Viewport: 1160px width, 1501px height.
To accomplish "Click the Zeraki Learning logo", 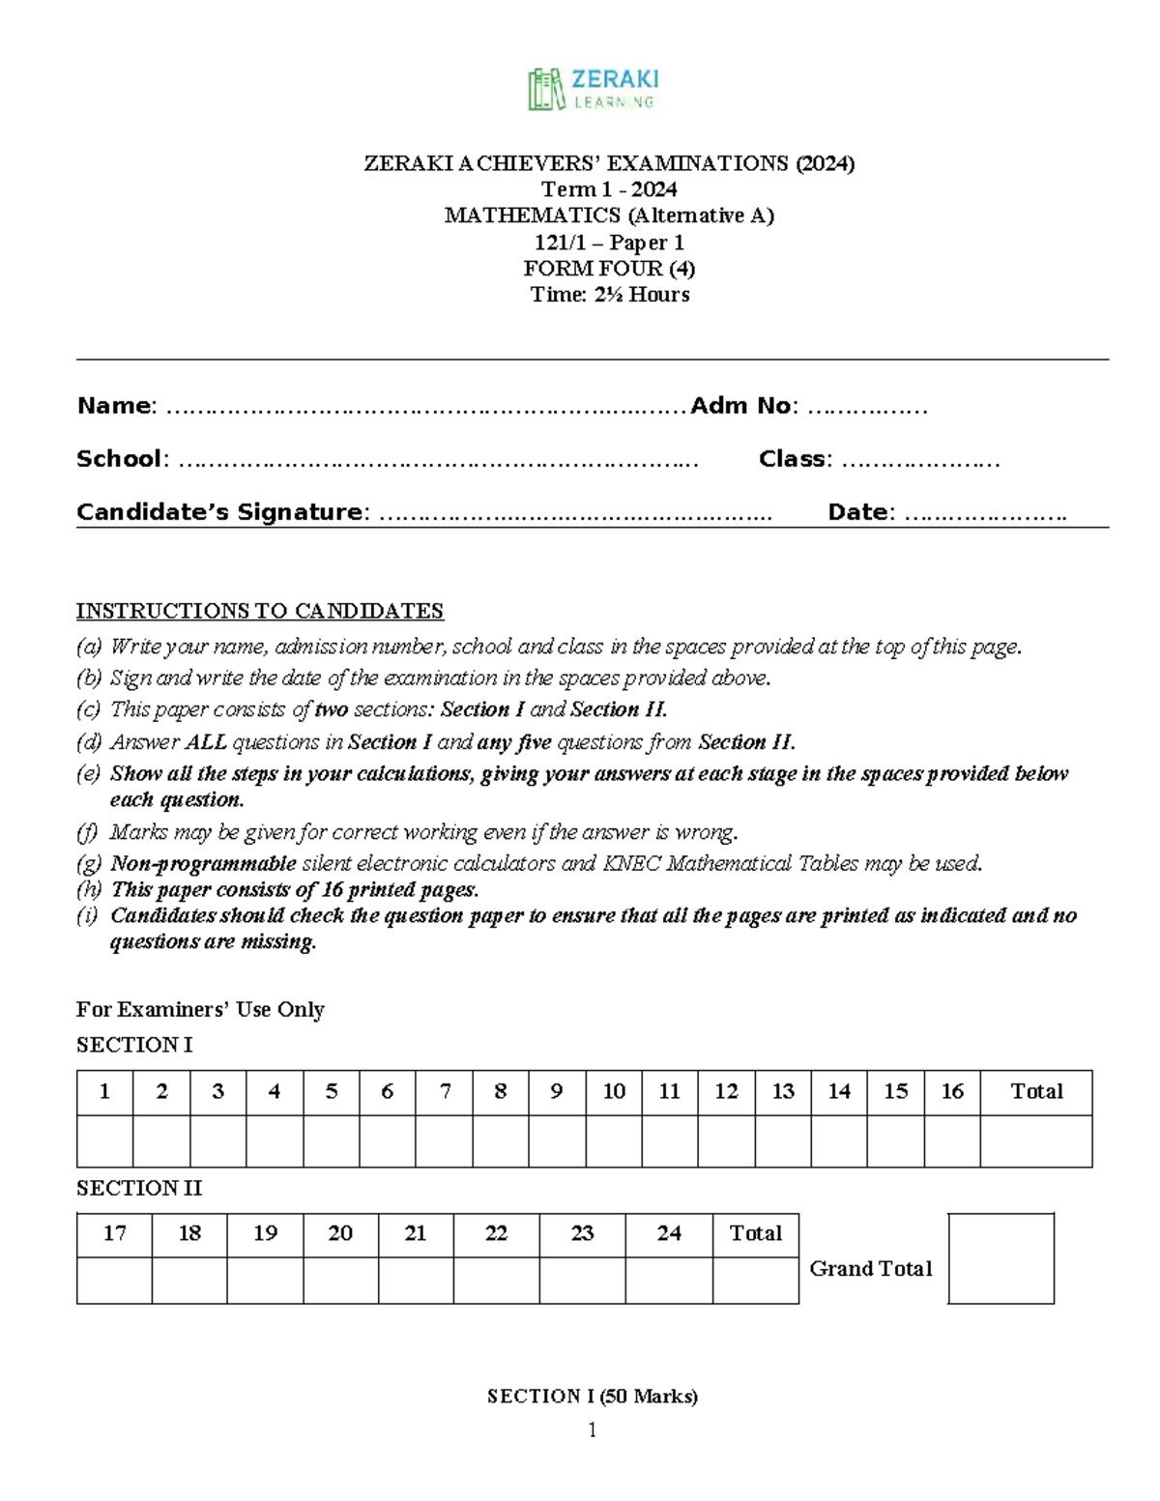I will [x=593, y=89].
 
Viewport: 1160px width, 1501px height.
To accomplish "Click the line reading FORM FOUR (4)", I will [x=609, y=269].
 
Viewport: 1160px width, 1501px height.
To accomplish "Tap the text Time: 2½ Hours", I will [x=609, y=295].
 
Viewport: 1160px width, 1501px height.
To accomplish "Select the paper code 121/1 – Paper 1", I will [x=609, y=243].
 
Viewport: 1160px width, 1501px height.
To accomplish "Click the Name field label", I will [x=115, y=406].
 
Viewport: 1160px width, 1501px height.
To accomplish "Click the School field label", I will [x=120, y=459].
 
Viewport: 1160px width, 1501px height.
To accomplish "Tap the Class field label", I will [x=793, y=459].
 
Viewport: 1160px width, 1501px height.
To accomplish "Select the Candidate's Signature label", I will [x=220, y=512].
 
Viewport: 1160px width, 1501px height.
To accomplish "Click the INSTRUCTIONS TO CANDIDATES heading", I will [x=259, y=611].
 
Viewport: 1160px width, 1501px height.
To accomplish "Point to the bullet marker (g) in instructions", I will [x=88, y=864].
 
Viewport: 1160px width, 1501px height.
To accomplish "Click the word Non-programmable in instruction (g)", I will [x=203, y=864].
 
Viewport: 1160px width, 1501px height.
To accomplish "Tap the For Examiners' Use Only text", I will [x=200, y=1010].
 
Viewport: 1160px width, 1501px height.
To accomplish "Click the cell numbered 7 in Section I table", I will [x=445, y=1092].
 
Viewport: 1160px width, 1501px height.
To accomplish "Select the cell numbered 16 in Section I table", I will [x=952, y=1092].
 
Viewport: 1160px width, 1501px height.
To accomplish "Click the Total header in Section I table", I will [x=1036, y=1092].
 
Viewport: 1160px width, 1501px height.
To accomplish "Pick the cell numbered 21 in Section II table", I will [x=416, y=1234].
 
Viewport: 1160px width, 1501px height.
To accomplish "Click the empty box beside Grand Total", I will [x=1000, y=1258].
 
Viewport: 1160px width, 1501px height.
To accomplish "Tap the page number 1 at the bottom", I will [x=593, y=1430].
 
